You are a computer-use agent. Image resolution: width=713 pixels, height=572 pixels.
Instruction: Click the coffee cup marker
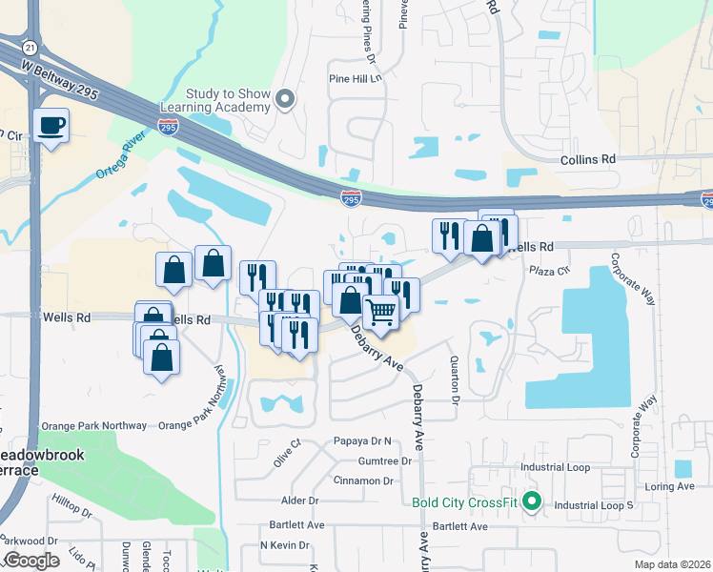(51, 124)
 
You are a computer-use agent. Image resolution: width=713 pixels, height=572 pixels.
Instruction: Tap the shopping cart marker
(380, 311)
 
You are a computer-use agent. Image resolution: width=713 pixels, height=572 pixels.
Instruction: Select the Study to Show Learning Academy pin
(283, 99)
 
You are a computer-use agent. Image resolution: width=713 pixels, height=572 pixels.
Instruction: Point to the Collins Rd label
(588, 159)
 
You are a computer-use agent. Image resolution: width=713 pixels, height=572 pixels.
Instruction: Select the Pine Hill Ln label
(354, 79)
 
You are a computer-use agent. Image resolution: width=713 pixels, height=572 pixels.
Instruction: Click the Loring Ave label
(674, 486)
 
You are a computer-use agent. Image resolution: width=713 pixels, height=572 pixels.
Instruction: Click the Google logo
(31, 560)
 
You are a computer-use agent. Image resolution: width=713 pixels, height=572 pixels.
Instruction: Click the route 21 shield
(31, 47)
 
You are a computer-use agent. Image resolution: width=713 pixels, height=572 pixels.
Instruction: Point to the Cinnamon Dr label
(363, 481)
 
